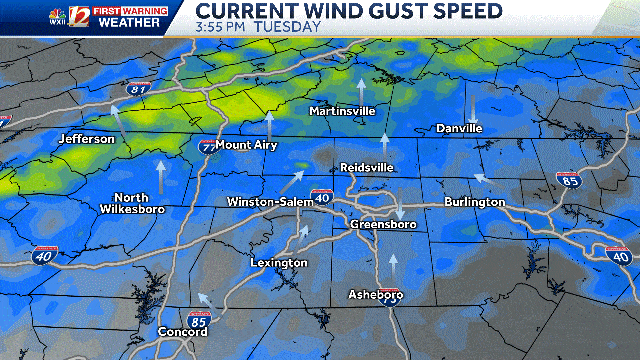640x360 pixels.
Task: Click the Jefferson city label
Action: [x=86, y=139]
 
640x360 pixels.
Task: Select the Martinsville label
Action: [x=342, y=110]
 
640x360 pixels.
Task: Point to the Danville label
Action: [x=459, y=129]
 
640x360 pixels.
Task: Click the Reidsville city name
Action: [x=367, y=167]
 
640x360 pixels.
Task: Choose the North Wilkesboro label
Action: [x=131, y=203]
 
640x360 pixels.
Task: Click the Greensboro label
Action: [x=383, y=225]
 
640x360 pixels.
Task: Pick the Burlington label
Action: [x=476, y=203]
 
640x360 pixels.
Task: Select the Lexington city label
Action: [x=279, y=263]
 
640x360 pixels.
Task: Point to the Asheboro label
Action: [x=375, y=295]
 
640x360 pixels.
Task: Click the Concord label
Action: [x=182, y=332]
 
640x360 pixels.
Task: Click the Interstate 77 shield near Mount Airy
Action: [x=208, y=146]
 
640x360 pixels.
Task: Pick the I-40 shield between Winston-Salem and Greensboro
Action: [x=321, y=197]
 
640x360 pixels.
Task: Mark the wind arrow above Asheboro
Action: [x=393, y=266]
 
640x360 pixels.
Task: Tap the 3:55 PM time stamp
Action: [x=223, y=27]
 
